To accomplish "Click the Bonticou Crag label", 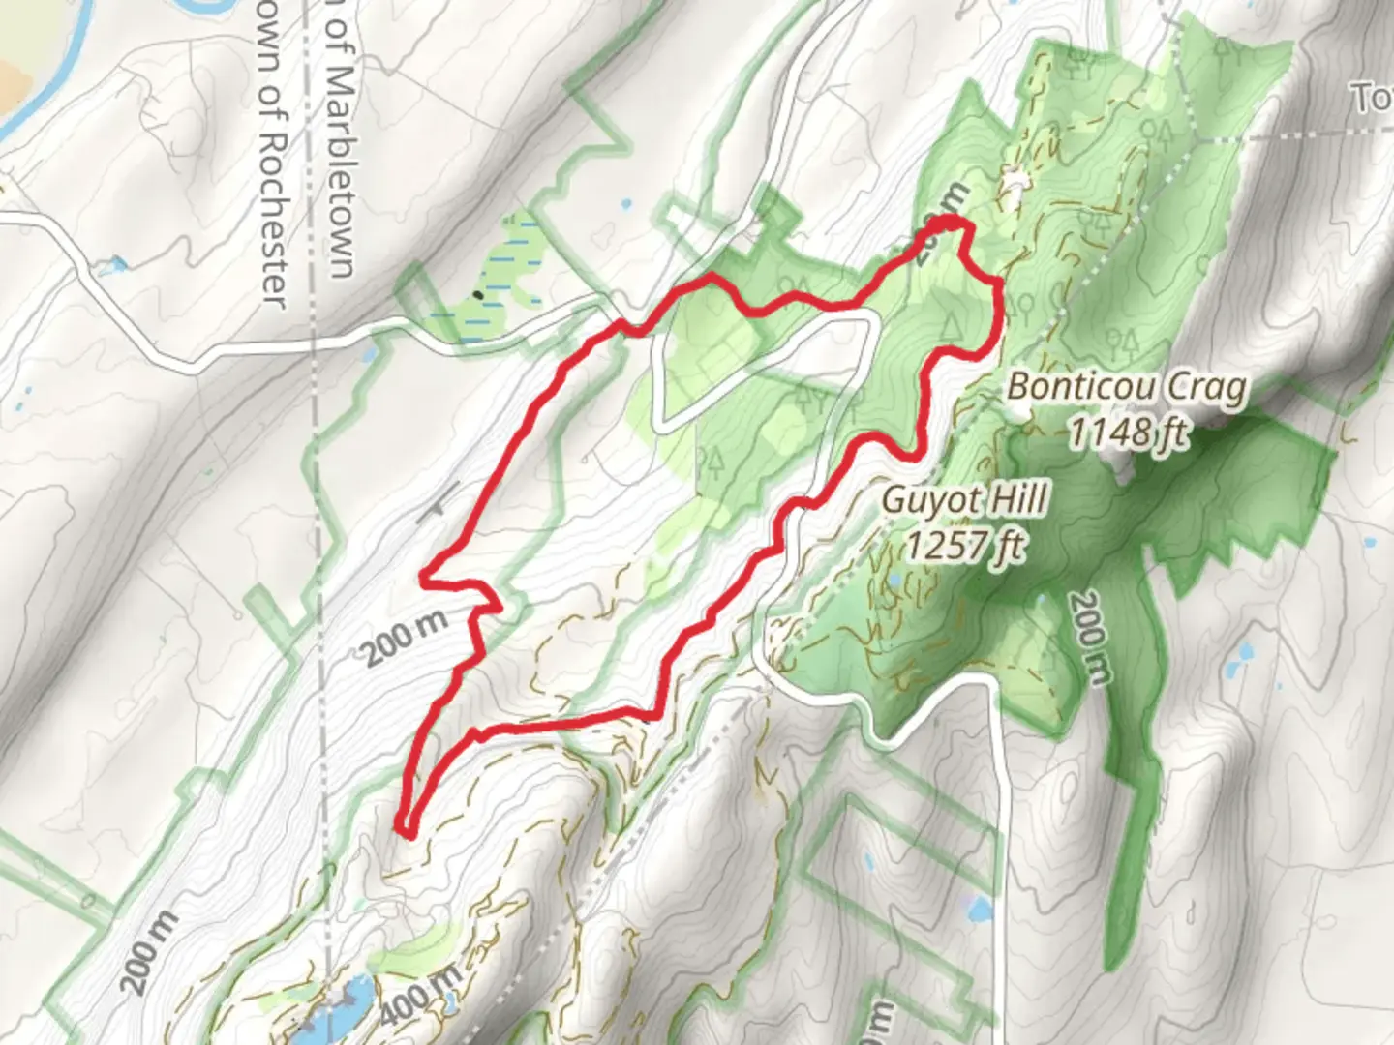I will pyautogui.click(x=1127, y=388).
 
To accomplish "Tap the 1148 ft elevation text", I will pyautogui.click(x=1128, y=433).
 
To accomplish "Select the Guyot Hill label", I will pyautogui.click(x=965, y=501).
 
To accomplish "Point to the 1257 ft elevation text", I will pyautogui.click(x=965, y=546).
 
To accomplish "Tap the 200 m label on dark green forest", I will pyautogui.click(x=1089, y=639).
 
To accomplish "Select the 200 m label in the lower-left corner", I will pyautogui.click(x=150, y=953).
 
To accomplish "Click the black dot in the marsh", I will pyautogui.click(x=477, y=294).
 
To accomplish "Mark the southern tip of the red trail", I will pyautogui.click(x=406, y=830).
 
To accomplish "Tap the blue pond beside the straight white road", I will pyautogui.click(x=979, y=909).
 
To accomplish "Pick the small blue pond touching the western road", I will pyautogui.click(x=117, y=263).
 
